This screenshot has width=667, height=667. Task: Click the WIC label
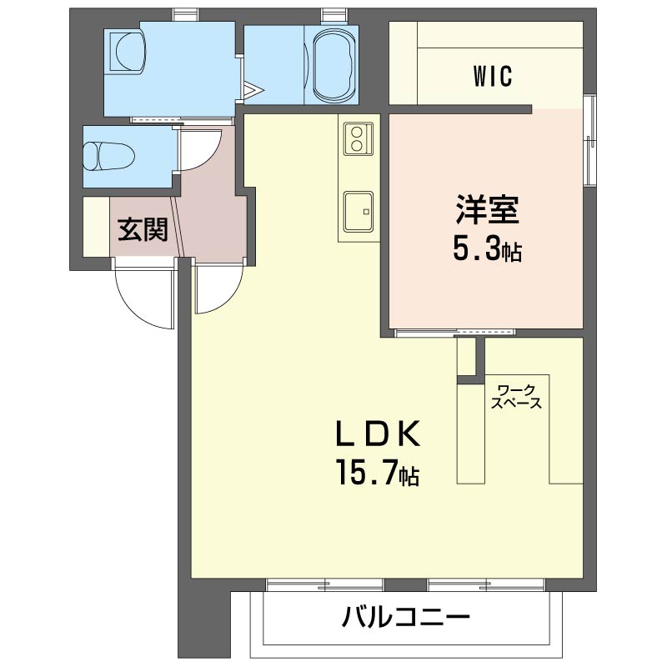tap(492, 76)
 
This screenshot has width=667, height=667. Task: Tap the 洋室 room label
tap(487, 209)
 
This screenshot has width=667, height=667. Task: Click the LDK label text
tap(379, 433)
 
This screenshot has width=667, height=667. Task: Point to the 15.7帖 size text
tap(379, 473)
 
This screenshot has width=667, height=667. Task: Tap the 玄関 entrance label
tap(143, 230)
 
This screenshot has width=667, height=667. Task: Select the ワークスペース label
tap(516, 397)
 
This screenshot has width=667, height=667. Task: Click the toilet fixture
tap(109, 156)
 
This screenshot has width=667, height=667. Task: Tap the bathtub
tap(333, 65)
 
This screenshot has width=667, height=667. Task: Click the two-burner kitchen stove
tap(359, 138)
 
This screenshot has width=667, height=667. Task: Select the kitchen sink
tap(359, 212)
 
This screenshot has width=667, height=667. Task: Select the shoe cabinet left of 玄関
tap(96, 227)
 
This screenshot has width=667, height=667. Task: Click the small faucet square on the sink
tap(366, 212)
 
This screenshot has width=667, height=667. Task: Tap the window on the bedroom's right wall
tap(589, 140)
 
